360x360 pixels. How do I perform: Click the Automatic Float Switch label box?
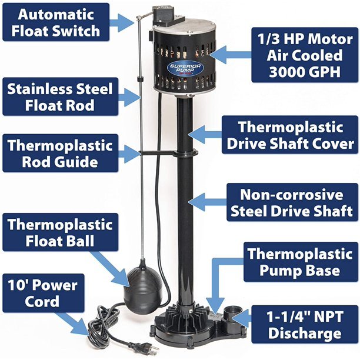[x=56, y=22]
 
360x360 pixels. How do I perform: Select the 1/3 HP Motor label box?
[x=305, y=55]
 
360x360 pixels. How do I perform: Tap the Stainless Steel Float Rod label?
[x=60, y=96]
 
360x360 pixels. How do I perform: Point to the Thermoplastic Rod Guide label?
[x=60, y=153]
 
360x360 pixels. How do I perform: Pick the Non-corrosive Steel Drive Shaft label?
[x=292, y=202]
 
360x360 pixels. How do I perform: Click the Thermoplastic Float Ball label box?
[x=60, y=232]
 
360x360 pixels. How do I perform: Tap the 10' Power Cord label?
[x=43, y=293]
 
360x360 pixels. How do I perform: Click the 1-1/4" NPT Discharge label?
[x=305, y=325]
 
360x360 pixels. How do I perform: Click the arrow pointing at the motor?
[x=230, y=55]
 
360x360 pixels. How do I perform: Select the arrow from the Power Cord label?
[x=73, y=324]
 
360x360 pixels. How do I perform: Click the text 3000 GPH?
[x=305, y=72]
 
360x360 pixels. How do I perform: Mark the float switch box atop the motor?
[x=164, y=16]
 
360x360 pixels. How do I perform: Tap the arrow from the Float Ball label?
[x=110, y=269]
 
